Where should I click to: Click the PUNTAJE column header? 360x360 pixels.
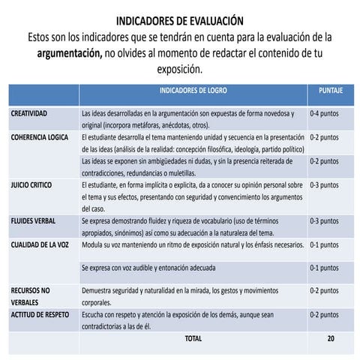tap(331, 90)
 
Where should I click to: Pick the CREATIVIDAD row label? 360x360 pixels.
tap(29, 114)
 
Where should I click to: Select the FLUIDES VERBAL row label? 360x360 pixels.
tap(34, 221)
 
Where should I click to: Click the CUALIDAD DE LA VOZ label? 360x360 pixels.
tap(40, 244)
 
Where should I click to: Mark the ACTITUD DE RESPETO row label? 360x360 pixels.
tap(40, 315)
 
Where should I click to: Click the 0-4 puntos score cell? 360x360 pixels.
tap(324, 114)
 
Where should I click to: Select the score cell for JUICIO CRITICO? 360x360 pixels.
tap(324, 184)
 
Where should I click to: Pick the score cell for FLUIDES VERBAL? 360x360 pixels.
tap(324, 221)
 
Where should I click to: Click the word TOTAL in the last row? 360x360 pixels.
tap(193, 339)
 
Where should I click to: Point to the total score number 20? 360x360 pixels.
tap(331, 339)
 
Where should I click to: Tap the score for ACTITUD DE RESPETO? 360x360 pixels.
tap(324, 315)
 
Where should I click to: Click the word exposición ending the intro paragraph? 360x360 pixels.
tap(179, 70)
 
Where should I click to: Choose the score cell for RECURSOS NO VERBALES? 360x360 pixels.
tap(324, 290)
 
